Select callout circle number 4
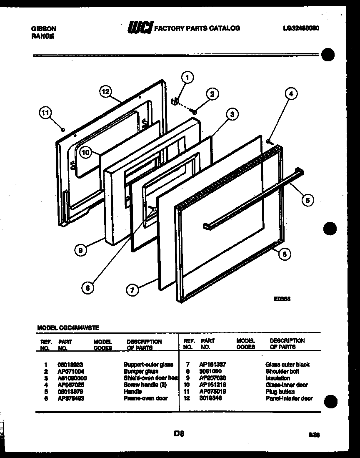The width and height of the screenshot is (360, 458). coord(291,94)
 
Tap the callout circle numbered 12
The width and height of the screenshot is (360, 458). coord(106,91)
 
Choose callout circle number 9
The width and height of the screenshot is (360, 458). coord(80,250)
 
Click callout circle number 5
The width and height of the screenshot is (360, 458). coord(307,200)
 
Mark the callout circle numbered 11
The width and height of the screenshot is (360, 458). coord(46,112)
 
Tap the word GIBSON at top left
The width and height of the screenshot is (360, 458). coord(44,29)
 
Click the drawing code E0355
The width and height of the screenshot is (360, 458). coord(282,299)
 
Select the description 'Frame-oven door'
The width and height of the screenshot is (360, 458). coord(145,398)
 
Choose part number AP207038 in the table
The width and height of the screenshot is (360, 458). coord(212,378)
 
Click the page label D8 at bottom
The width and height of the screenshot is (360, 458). coord(179,434)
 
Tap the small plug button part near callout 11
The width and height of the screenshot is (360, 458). coord(62,130)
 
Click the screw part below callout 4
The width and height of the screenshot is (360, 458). coord(270,142)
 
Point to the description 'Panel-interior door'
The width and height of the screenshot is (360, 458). coord(289,398)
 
